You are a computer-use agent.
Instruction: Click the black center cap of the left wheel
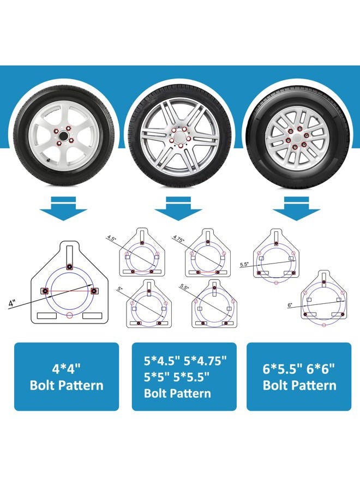pos(64,136)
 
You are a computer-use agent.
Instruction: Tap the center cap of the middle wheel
pos(179,137)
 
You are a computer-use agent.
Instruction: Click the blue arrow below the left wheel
pos(63,208)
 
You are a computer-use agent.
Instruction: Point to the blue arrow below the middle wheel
pos(178,208)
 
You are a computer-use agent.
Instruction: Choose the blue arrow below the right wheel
pos(296,208)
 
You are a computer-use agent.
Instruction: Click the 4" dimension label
pos(12,303)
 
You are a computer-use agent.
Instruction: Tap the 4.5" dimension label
pos(111,237)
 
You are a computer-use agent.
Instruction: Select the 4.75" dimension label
pos(179,238)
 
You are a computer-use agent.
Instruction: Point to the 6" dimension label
pos(290,305)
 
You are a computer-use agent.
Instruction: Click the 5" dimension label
pos(120,289)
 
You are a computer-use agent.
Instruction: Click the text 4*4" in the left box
pos(67,369)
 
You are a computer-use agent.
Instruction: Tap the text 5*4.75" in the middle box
pos(205,361)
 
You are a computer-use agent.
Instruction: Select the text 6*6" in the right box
pos(321,369)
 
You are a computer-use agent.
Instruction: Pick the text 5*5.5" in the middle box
pos(191,376)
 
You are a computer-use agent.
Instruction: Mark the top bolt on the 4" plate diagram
pos(69,267)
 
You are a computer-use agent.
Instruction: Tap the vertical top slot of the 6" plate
pos(324,279)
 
